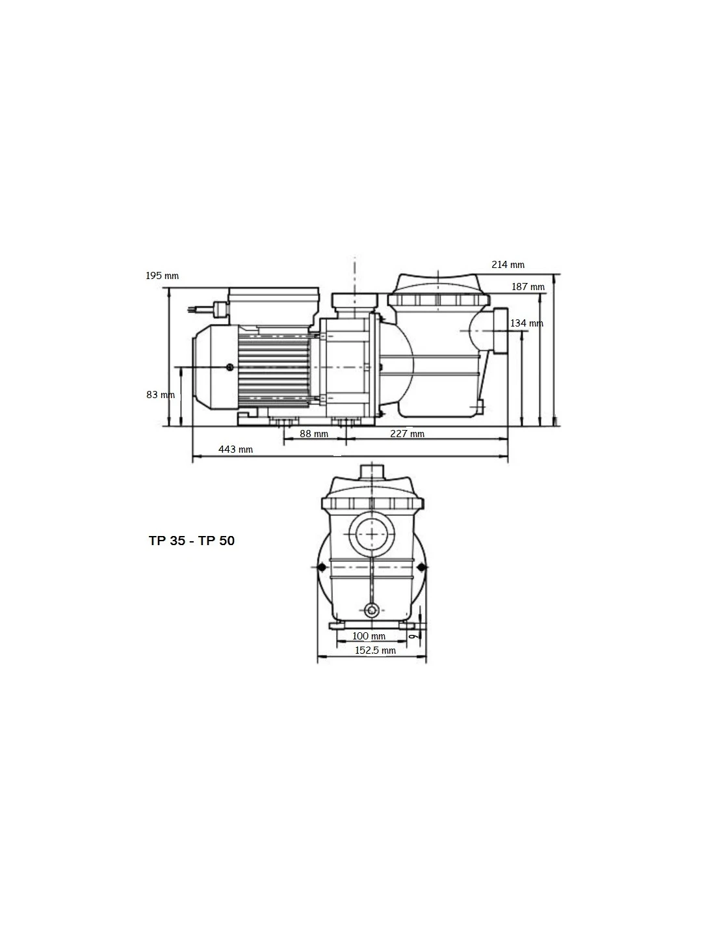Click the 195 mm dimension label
pyautogui.click(x=162, y=276)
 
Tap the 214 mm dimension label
pyautogui.click(x=508, y=265)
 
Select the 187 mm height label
pyautogui.click(x=528, y=287)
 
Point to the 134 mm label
pyautogui.click(x=526, y=323)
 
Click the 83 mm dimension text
pyautogui.click(x=160, y=395)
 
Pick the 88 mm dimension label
pyautogui.click(x=314, y=434)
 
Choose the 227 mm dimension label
pyautogui.click(x=408, y=434)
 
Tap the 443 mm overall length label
pyautogui.click(x=236, y=449)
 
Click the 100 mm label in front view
pyautogui.click(x=369, y=636)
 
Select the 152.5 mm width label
pyautogui.click(x=375, y=650)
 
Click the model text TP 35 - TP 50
pyautogui.click(x=192, y=541)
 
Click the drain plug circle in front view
pyautogui.click(x=371, y=610)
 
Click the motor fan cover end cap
pyautogui.click(x=211, y=368)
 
